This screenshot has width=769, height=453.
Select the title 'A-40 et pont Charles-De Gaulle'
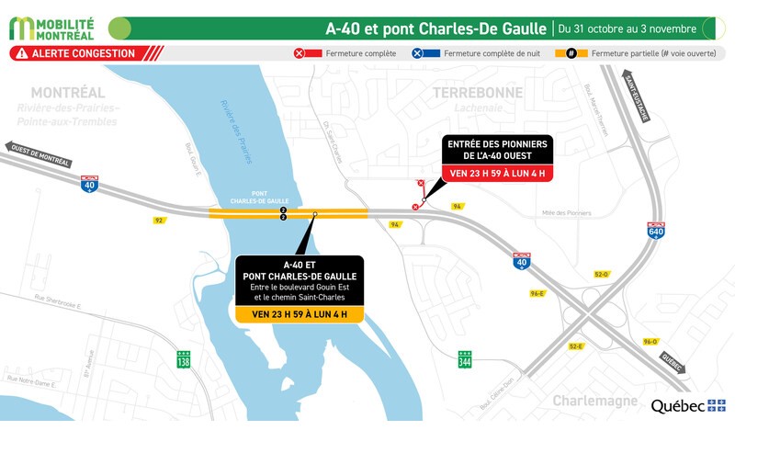[437, 28]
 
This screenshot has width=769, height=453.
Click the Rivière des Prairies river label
[233, 131]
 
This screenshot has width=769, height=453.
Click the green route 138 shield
[184, 359]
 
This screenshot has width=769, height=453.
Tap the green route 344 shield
[466, 359]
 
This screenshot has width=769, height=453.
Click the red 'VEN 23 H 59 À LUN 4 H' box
[497, 172]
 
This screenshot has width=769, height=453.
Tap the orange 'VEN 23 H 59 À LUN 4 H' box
[300, 314]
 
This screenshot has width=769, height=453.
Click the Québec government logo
[688, 405]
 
